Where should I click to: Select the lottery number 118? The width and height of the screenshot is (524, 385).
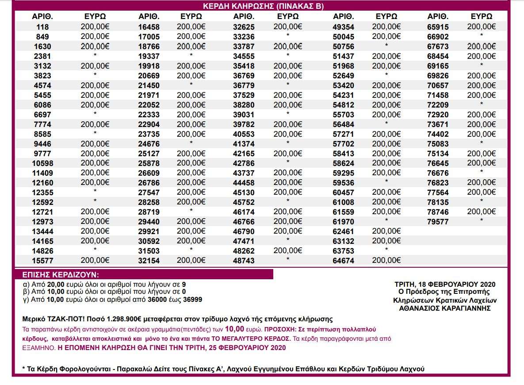tap(43, 27)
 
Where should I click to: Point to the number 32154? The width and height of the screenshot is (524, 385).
tap(149, 261)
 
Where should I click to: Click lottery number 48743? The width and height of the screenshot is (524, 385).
tap(244, 261)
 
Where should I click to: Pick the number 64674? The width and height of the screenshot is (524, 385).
tap(344, 261)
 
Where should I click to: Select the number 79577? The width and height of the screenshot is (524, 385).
tap(438, 222)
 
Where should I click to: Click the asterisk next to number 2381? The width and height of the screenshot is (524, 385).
tap(95, 55)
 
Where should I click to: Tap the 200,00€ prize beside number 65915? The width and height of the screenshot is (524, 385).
tap(482, 27)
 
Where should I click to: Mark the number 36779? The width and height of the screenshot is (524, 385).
tap(244, 85)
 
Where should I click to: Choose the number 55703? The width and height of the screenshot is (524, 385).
tap(344, 115)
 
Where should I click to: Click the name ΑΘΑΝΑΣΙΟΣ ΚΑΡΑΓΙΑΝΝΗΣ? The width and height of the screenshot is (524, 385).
tap(445, 308)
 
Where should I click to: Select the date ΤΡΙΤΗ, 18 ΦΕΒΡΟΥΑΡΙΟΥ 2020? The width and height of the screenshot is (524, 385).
tap(445, 284)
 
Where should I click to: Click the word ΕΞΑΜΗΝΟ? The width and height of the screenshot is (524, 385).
tap(38, 348)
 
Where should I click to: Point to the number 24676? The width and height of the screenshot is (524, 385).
tap(149, 144)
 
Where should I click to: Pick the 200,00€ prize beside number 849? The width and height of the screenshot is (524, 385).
tap(95, 36)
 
